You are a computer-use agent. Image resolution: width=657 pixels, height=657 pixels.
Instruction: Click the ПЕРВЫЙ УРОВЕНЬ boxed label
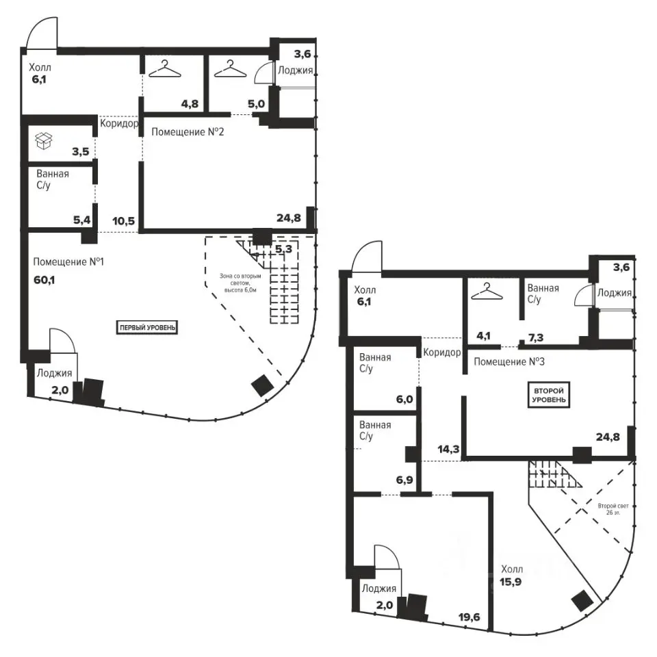tap(147, 327)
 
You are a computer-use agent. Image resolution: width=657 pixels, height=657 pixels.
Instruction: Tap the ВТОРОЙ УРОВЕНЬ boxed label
tap(548, 395)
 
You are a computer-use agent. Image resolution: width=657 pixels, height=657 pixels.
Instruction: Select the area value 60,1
tap(44, 279)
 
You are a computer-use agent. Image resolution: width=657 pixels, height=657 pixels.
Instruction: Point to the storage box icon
tap(44, 141)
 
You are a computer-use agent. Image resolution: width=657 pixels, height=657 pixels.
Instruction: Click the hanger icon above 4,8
tap(165, 68)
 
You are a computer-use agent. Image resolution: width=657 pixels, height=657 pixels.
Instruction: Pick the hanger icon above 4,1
tap(487, 292)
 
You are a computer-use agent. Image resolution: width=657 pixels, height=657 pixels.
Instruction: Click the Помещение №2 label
tap(188, 132)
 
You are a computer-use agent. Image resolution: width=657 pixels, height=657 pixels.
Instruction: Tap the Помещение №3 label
tap(509, 361)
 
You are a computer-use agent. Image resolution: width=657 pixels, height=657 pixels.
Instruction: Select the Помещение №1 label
tap(68, 262)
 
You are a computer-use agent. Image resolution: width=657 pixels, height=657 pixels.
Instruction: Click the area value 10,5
tap(124, 221)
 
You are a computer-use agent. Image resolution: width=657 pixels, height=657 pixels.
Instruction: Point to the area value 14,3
tap(448, 450)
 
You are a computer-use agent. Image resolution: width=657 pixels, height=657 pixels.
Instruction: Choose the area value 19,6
tap(469, 617)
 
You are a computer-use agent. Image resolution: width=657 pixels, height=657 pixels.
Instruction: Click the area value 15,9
tap(511, 582)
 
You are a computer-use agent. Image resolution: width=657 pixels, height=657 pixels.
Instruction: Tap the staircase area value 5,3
tap(283, 249)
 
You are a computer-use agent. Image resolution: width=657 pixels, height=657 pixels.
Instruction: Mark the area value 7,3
tap(535, 337)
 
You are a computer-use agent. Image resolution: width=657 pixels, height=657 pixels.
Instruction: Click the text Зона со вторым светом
tap(240, 279)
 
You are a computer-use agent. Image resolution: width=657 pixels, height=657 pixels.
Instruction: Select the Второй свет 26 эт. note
tap(613, 509)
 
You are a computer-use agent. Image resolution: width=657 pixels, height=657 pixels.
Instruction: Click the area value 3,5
tap(81, 151)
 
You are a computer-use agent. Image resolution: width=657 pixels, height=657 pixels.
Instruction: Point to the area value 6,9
tap(404, 480)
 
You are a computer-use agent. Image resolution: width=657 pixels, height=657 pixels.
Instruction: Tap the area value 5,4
tap(81, 220)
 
